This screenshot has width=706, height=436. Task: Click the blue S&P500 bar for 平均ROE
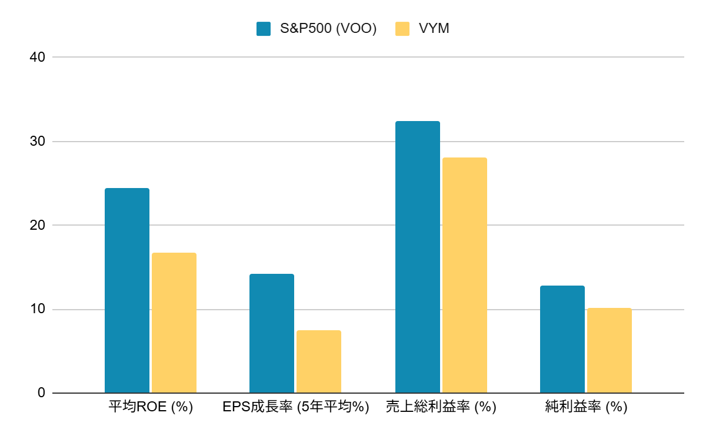point(127,290)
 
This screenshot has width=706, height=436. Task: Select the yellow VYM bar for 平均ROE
point(174,323)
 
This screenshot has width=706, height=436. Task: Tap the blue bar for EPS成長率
point(272,333)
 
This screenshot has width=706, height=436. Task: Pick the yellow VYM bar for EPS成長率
point(319,361)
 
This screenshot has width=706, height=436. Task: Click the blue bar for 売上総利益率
point(418,257)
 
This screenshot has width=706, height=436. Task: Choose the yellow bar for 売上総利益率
point(465,275)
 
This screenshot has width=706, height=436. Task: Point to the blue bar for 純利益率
point(562,339)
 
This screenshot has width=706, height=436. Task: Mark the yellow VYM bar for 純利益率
point(610,350)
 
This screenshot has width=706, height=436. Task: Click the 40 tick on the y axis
point(38,57)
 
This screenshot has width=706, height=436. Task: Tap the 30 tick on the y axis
point(38,142)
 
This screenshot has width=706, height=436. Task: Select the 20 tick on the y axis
point(38,225)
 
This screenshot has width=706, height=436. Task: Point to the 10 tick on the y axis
point(38,309)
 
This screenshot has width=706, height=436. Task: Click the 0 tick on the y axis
point(41,393)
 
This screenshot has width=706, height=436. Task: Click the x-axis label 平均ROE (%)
point(151,407)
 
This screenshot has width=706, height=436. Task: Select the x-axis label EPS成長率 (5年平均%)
point(295,407)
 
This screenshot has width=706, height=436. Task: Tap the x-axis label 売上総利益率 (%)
point(441,407)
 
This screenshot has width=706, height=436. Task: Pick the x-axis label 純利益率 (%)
point(586,407)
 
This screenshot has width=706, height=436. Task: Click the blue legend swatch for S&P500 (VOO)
point(264,28)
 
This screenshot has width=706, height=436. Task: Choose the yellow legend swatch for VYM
point(402,28)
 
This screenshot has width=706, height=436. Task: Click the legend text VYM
point(434,28)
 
